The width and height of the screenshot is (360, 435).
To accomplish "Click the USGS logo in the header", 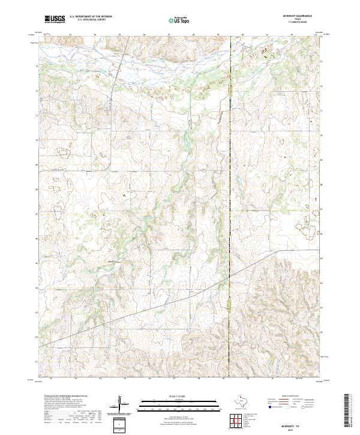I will point(55,19).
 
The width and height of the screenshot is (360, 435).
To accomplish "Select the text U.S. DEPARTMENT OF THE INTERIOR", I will point(91,17).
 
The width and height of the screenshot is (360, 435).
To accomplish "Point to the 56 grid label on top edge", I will point(144,34).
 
